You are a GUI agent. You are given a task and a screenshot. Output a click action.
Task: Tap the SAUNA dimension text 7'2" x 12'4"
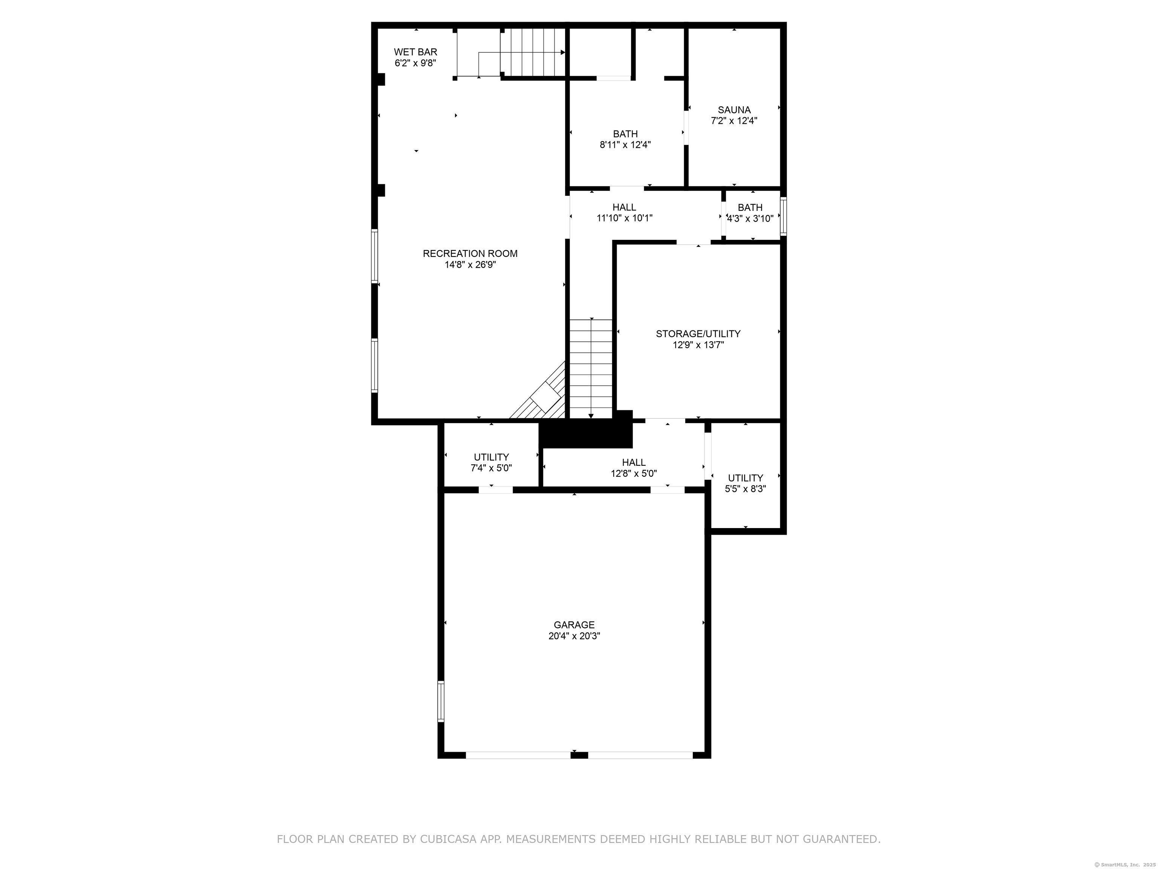pos(734,120)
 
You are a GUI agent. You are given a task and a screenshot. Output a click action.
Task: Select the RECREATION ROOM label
pos(470,253)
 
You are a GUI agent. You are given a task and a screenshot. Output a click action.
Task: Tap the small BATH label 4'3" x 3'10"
pos(750,213)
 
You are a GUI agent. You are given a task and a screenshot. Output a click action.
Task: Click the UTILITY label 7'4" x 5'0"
pos(491,462)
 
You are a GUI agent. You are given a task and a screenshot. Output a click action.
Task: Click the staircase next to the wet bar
pos(532,52)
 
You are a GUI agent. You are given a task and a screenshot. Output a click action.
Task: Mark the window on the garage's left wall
pos(441,702)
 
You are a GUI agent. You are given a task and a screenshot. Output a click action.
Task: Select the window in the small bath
pos(783,216)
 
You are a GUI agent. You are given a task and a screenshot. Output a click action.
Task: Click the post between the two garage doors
pos(579,755)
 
